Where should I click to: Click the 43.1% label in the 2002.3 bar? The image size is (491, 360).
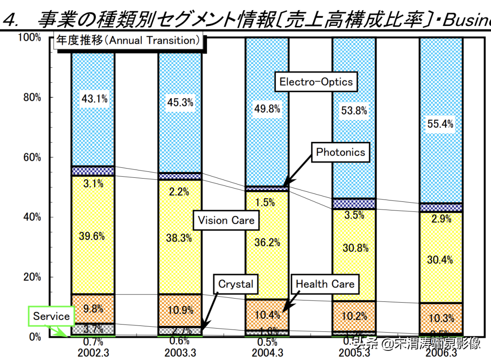pyautogui.click(x=94, y=99)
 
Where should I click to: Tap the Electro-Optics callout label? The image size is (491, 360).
pyautogui.click(x=316, y=82)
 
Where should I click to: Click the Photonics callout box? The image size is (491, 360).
pyautogui.click(x=341, y=152)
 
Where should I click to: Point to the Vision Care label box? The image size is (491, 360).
pyautogui.click(x=226, y=221)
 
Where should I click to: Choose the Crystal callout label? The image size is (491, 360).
pyautogui.click(x=235, y=285)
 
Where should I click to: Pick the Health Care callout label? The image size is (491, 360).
pyautogui.click(x=325, y=285)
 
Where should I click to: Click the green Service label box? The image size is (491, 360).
pyautogui.click(x=51, y=316)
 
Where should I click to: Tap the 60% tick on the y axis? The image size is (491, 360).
pyautogui.click(x=32, y=158)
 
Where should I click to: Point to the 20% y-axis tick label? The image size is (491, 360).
pyautogui.click(x=32, y=277)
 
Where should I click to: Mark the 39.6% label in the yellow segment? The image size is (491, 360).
pyautogui.click(x=93, y=236)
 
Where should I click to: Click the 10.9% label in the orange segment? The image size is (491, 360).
pyautogui.click(x=180, y=310)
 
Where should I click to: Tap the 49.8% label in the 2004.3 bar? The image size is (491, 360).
pyautogui.click(x=267, y=109)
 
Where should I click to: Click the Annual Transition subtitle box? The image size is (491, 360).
pyautogui.click(x=128, y=41)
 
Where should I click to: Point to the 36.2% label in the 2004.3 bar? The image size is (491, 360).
pyautogui.click(x=267, y=243)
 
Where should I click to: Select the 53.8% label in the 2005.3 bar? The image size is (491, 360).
pyautogui.click(x=354, y=110)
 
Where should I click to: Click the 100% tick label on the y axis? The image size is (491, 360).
pyautogui.click(x=30, y=38)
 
